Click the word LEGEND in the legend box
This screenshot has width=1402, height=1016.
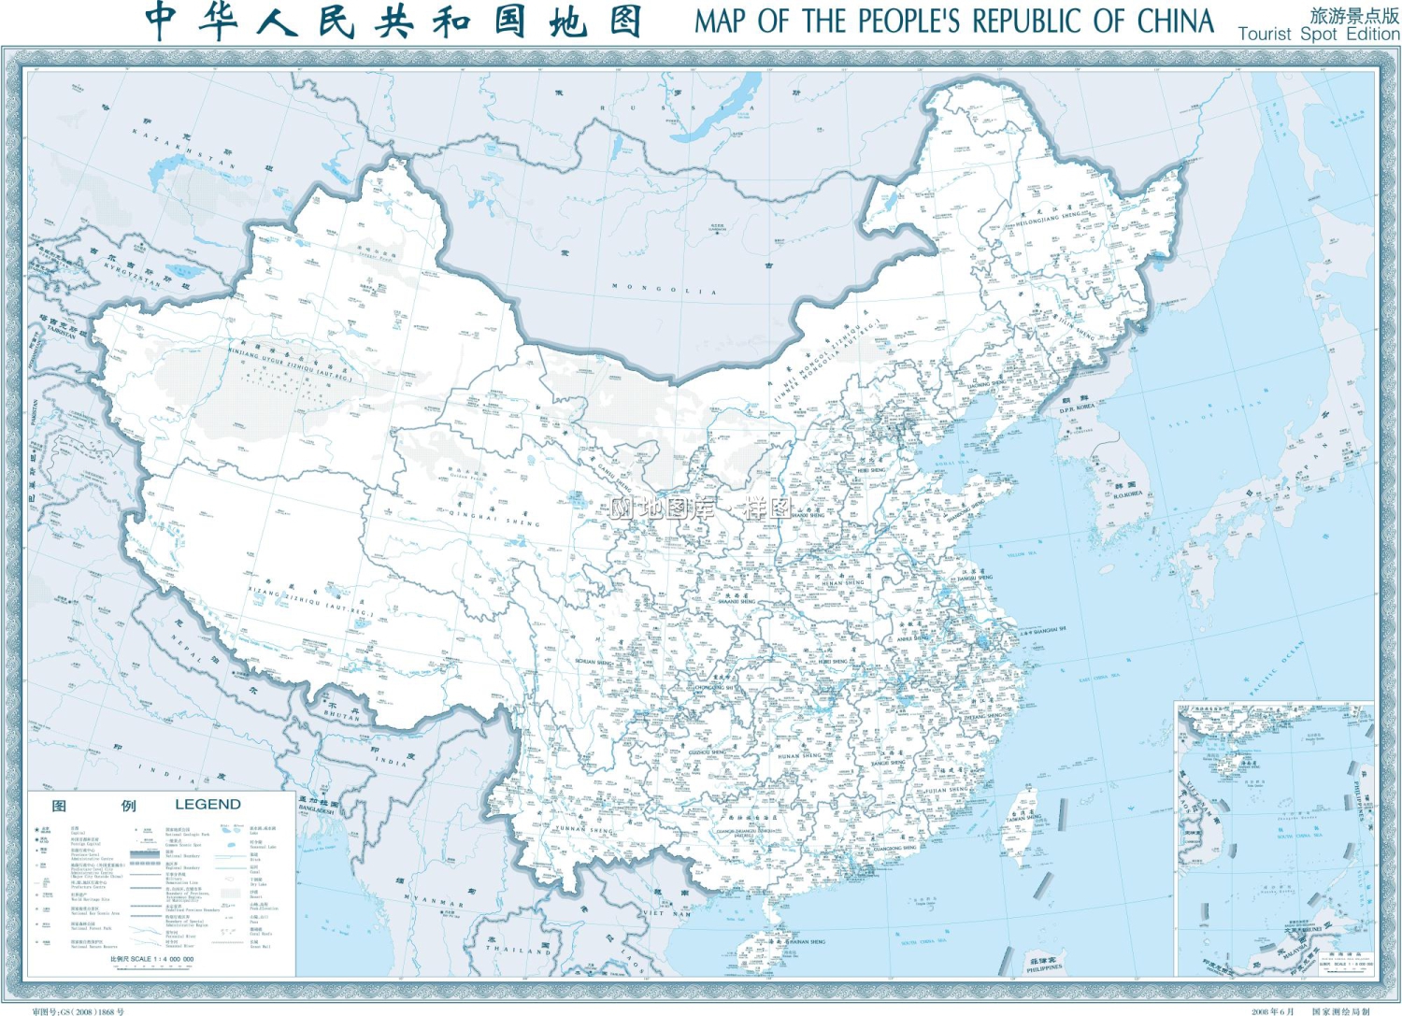(x=207, y=805)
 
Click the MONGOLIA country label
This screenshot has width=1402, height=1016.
(x=665, y=290)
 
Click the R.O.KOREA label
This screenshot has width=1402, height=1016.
(x=1127, y=494)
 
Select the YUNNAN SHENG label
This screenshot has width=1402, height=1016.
(x=585, y=828)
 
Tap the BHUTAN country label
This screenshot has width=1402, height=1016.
(x=342, y=715)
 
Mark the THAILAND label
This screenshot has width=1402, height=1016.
(x=518, y=949)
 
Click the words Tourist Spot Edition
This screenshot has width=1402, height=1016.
(x=1318, y=34)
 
